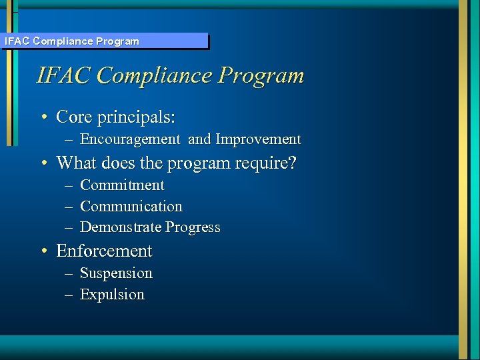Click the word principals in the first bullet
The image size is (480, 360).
137,117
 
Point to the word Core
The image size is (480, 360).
74,117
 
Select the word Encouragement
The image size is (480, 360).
130,139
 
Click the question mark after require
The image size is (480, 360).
293,163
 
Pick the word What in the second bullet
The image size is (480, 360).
76,163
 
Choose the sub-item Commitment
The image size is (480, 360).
122,185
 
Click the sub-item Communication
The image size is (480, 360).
131,207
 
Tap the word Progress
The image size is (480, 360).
193,227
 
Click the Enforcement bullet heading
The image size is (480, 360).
104,251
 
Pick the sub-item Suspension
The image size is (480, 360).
116,273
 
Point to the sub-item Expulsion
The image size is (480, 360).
112,295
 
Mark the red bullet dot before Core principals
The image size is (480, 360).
43,118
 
